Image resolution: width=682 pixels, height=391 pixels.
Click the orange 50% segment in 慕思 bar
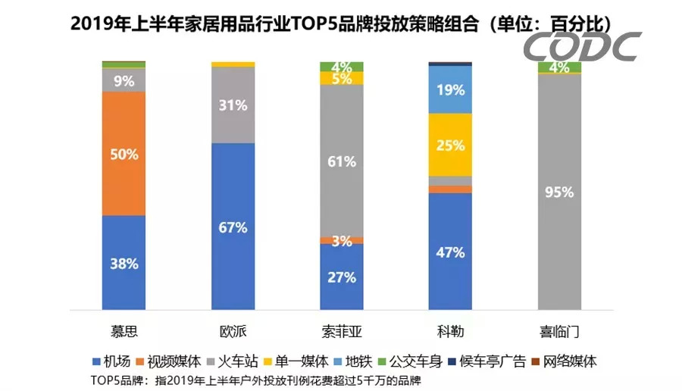(x=124, y=154)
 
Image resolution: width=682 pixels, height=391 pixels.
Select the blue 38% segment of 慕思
(x=124, y=263)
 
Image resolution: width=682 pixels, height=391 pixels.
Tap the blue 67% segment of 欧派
(x=233, y=227)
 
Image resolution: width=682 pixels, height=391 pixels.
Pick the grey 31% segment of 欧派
(x=233, y=105)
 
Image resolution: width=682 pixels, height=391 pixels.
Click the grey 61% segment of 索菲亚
(x=342, y=161)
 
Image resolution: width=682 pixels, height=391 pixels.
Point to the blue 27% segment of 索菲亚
(x=342, y=277)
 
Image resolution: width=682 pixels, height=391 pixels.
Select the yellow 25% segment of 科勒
(x=450, y=145)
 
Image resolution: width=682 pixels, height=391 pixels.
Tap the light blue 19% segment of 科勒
(x=450, y=89)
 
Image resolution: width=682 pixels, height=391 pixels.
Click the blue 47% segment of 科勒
(x=450, y=252)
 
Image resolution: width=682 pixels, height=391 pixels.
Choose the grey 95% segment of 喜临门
(x=559, y=192)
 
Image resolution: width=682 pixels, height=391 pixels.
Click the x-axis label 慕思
(x=124, y=332)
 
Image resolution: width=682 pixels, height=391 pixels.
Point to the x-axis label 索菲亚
(x=342, y=332)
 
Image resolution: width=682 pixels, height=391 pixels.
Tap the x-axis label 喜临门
(x=559, y=332)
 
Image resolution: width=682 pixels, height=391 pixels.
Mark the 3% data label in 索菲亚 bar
(x=342, y=241)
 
